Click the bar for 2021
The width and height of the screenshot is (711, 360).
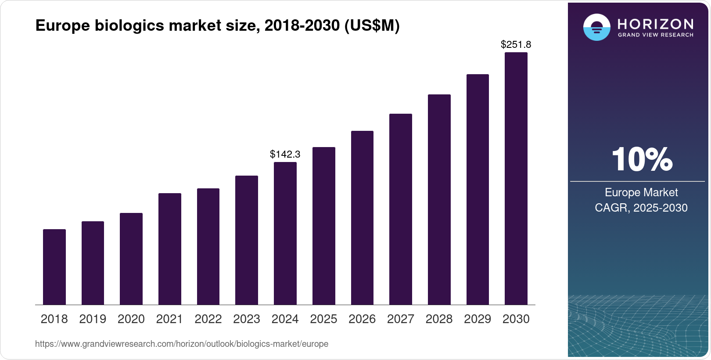point(170,249)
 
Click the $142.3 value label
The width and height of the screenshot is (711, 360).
point(285,154)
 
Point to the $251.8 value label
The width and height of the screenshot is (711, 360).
point(516,44)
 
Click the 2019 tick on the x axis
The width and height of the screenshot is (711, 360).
point(93,319)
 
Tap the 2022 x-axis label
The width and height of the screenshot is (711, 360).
point(208,319)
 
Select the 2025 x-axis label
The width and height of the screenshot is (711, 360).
point(323,319)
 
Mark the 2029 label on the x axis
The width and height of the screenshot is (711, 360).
point(478,319)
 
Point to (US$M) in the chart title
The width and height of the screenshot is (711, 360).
point(372,25)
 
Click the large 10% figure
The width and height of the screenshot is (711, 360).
point(642,159)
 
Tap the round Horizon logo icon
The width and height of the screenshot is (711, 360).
point(596,27)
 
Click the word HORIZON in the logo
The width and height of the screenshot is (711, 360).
point(655,24)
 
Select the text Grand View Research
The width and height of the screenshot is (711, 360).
point(655,35)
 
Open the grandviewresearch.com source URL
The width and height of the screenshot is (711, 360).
point(182,344)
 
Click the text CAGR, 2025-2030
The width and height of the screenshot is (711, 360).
point(641,208)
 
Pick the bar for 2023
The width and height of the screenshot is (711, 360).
point(247,240)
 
